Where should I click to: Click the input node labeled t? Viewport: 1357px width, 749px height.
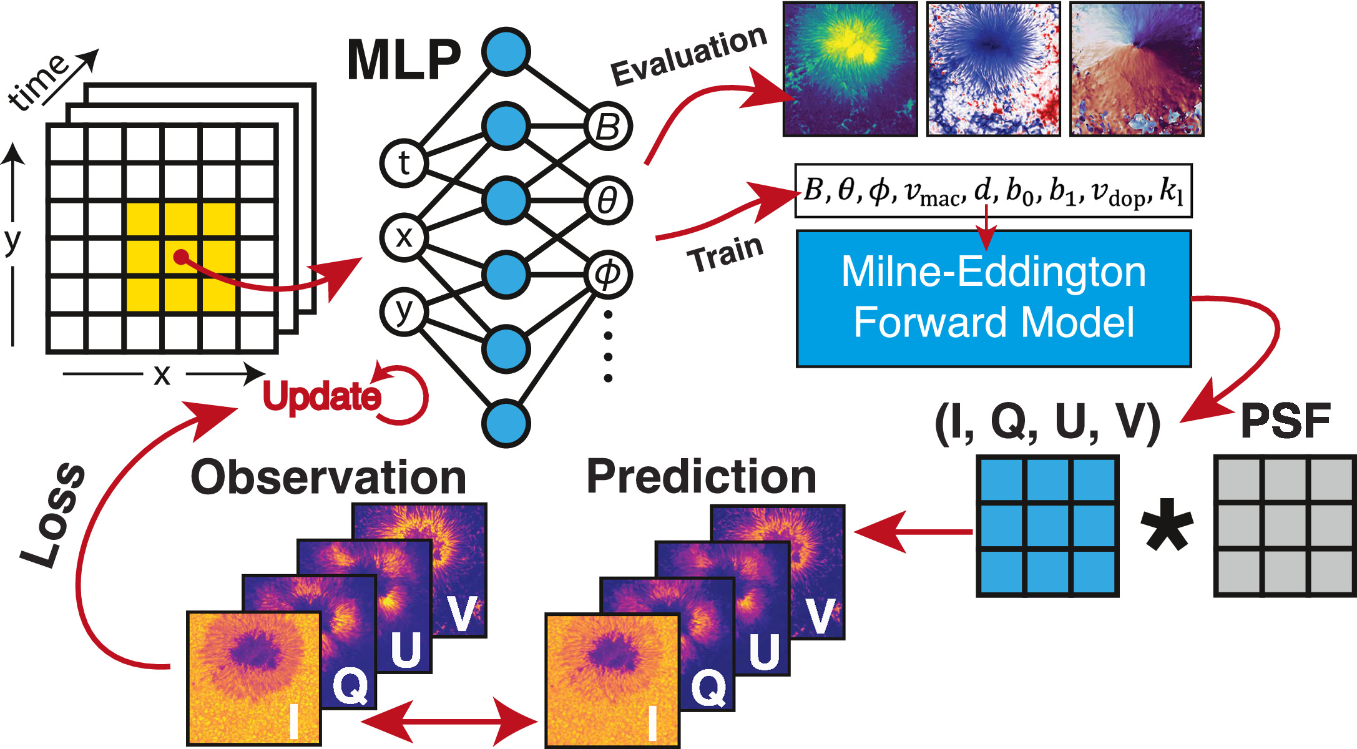403,164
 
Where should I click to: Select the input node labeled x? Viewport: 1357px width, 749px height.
403,237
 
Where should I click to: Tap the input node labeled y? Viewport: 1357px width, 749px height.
403,311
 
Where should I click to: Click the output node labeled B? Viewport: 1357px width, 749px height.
609,127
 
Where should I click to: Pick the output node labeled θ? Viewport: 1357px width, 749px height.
609,200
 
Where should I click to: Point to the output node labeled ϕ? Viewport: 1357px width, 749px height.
609,274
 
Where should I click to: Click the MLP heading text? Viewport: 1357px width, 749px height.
404,61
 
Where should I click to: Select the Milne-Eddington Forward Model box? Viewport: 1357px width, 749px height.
994,298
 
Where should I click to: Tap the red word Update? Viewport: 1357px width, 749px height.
321,397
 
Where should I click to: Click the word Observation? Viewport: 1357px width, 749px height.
328,477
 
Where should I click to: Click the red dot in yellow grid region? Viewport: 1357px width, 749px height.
180,257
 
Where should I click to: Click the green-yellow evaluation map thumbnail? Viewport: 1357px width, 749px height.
850,69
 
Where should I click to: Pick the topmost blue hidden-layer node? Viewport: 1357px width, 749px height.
506,52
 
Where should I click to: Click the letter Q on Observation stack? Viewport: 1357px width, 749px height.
350,685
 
